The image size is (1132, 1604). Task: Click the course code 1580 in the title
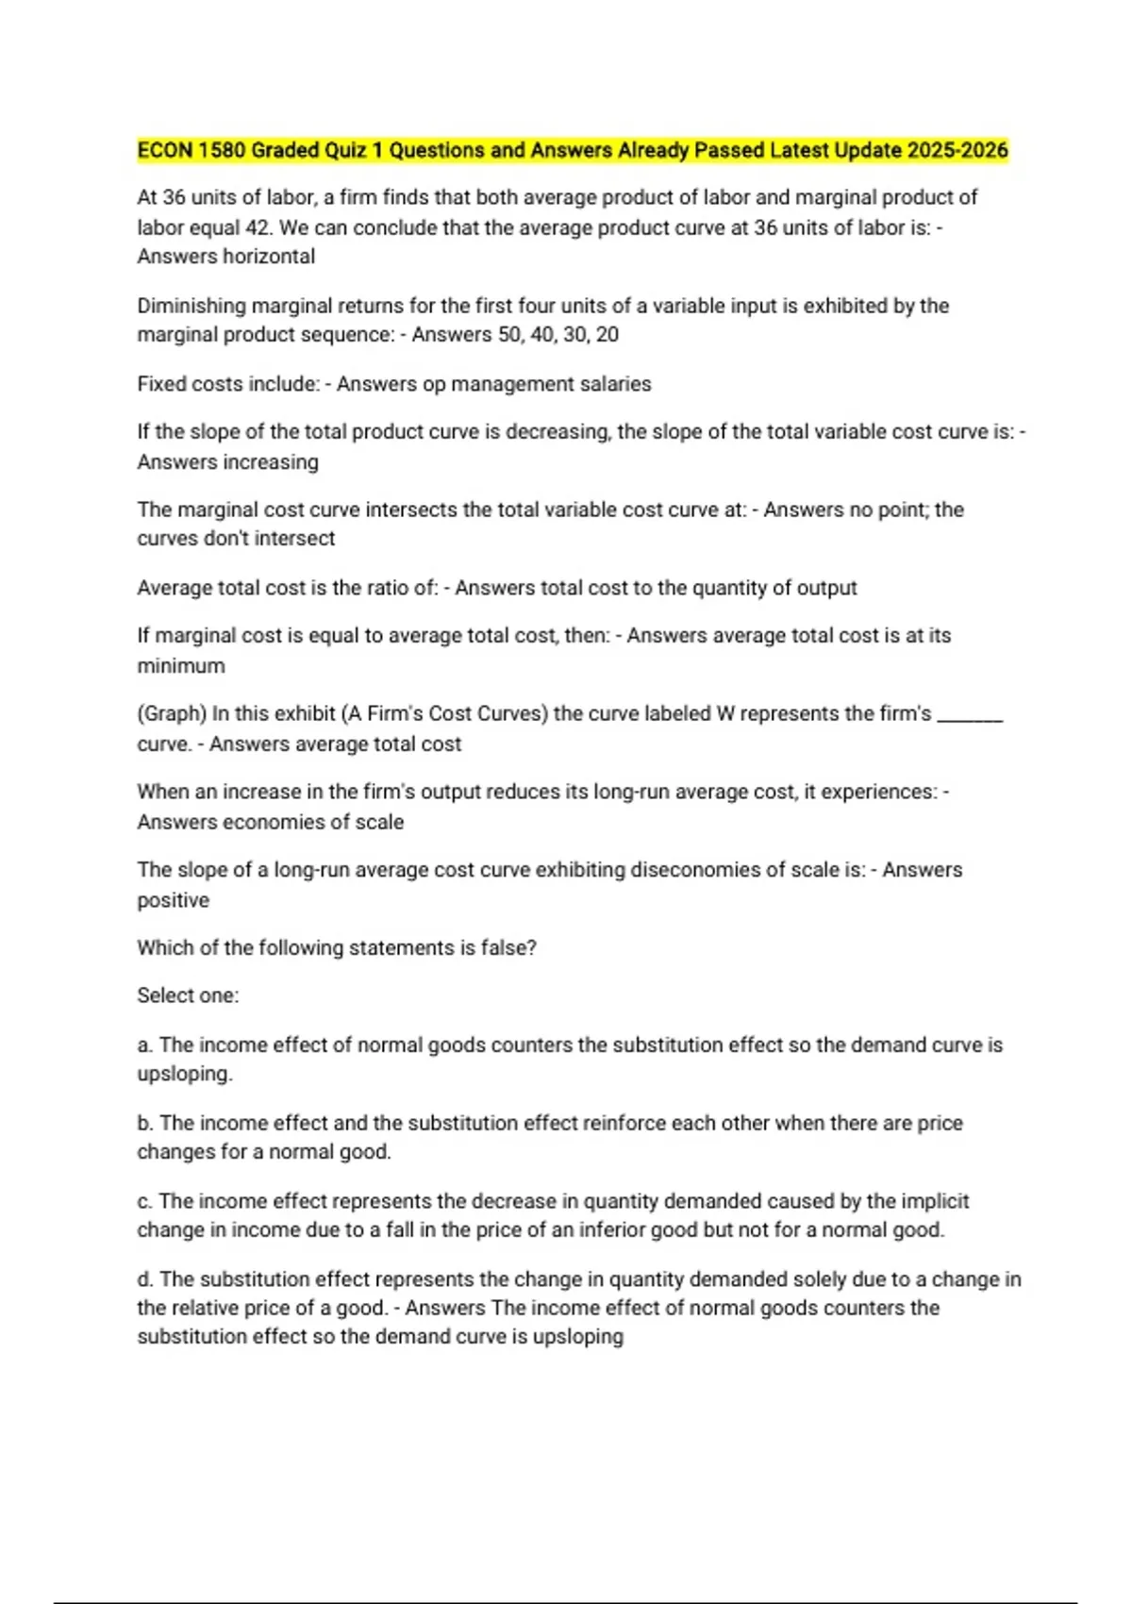[221, 151]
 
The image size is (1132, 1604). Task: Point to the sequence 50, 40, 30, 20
[558, 335]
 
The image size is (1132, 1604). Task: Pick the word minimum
[181, 666]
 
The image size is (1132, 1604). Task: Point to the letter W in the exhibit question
[724, 714]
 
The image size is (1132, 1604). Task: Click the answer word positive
[174, 900]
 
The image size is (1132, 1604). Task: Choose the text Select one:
[188, 995]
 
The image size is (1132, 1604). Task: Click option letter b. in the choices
[145, 1123]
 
